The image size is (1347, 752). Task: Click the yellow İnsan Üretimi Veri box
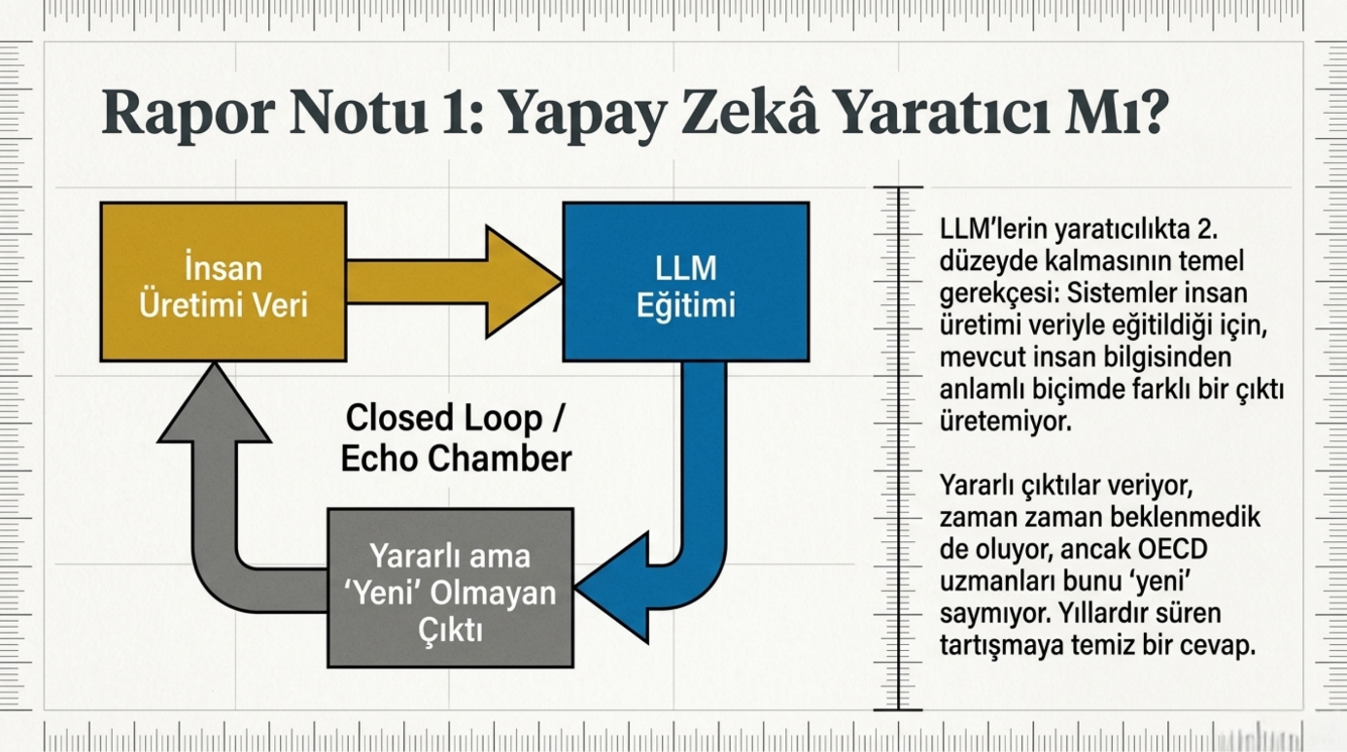click(x=224, y=282)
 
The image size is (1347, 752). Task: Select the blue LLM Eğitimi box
click(x=686, y=282)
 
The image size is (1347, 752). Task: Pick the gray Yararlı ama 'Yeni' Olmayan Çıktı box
click(x=450, y=588)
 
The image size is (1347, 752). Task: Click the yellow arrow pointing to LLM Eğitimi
click(x=454, y=282)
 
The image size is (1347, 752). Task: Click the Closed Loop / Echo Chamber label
click(x=455, y=438)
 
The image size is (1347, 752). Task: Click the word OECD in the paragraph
click(x=1172, y=549)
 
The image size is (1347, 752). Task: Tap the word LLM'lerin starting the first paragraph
click(x=993, y=229)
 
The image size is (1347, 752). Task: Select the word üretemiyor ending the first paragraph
click(x=1006, y=421)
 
